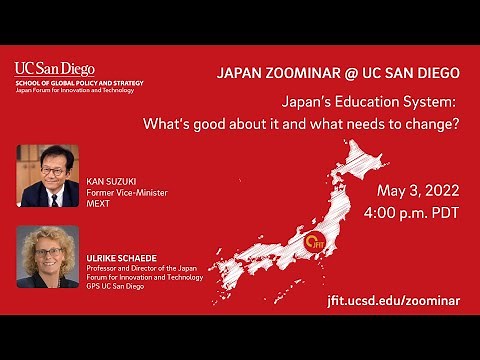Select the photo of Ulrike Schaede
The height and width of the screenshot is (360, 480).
48,257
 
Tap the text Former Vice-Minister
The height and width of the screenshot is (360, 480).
124,181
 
